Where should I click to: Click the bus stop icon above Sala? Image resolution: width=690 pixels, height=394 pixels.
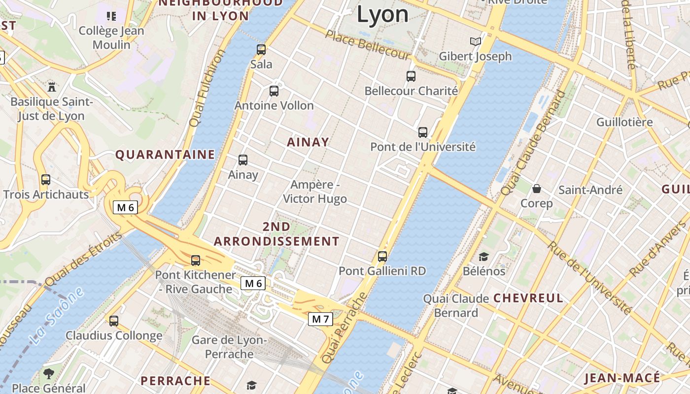pyautogui.click(x=261, y=49)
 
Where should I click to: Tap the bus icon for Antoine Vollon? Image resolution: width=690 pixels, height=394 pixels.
pyautogui.click(x=274, y=91)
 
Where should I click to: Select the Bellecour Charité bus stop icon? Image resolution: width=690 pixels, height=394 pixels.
pyautogui.click(x=411, y=76)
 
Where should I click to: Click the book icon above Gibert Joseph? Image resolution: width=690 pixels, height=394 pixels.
pyautogui.click(x=475, y=41)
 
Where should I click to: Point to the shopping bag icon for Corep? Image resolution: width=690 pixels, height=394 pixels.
pyautogui.click(x=537, y=188)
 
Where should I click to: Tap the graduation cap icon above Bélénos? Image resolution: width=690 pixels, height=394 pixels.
pyautogui.click(x=483, y=257)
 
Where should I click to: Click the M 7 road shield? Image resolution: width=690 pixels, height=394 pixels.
pyautogui.click(x=320, y=319)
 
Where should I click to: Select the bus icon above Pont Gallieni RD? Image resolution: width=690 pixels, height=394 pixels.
pyautogui.click(x=382, y=256)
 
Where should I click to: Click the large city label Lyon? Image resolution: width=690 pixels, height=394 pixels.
pyautogui.click(x=382, y=15)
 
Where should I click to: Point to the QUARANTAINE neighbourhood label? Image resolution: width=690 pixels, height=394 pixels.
pyautogui.click(x=165, y=155)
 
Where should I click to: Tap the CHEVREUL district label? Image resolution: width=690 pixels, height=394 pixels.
pyautogui.click(x=528, y=298)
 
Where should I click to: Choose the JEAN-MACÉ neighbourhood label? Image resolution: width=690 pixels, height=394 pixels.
pyautogui.click(x=621, y=378)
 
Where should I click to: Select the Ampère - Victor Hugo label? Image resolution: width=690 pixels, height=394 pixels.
pyautogui.click(x=315, y=192)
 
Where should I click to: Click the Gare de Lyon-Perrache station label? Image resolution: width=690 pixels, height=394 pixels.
pyautogui.click(x=229, y=347)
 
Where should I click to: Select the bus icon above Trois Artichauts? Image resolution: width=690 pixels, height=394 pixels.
pyautogui.click(x=46, y=179)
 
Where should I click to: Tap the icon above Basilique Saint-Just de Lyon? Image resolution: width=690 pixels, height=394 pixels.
pyautogui.click(x=51, y=87)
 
